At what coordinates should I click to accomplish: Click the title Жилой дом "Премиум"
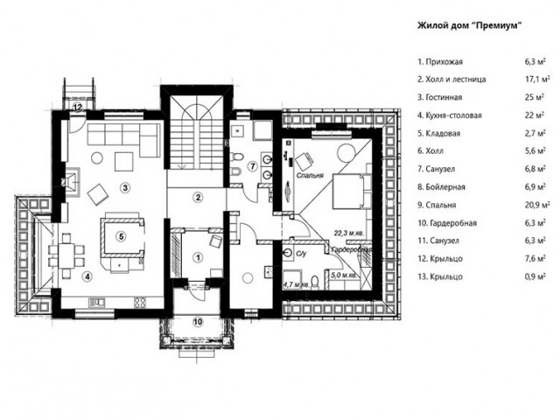point(470,25)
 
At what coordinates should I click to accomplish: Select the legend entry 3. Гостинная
point(440,97)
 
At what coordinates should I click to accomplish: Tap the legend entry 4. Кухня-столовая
point(450,115)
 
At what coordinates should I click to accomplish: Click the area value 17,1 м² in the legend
point(537,79)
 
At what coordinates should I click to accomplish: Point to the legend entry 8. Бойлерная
point(441,186)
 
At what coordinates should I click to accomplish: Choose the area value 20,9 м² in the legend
point(537,205)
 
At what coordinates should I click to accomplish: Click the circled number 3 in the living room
point(124,187)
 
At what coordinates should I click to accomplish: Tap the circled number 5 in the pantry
point(122,236)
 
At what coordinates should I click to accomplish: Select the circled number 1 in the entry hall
point(198,257)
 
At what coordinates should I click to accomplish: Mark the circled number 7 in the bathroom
point(253,166)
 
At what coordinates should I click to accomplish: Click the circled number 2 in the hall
point(198,197)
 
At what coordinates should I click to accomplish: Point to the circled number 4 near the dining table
point(87,276)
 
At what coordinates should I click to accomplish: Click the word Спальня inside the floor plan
point(310,175)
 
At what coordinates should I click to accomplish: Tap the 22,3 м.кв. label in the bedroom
point(349,234)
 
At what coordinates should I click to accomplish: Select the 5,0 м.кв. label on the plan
point(344,276)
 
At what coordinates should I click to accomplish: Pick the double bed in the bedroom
point(352,191)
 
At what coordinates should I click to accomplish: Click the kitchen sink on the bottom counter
point(97,302)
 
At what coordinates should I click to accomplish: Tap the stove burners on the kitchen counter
point(140,302)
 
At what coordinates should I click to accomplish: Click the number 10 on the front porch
point(198,322)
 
